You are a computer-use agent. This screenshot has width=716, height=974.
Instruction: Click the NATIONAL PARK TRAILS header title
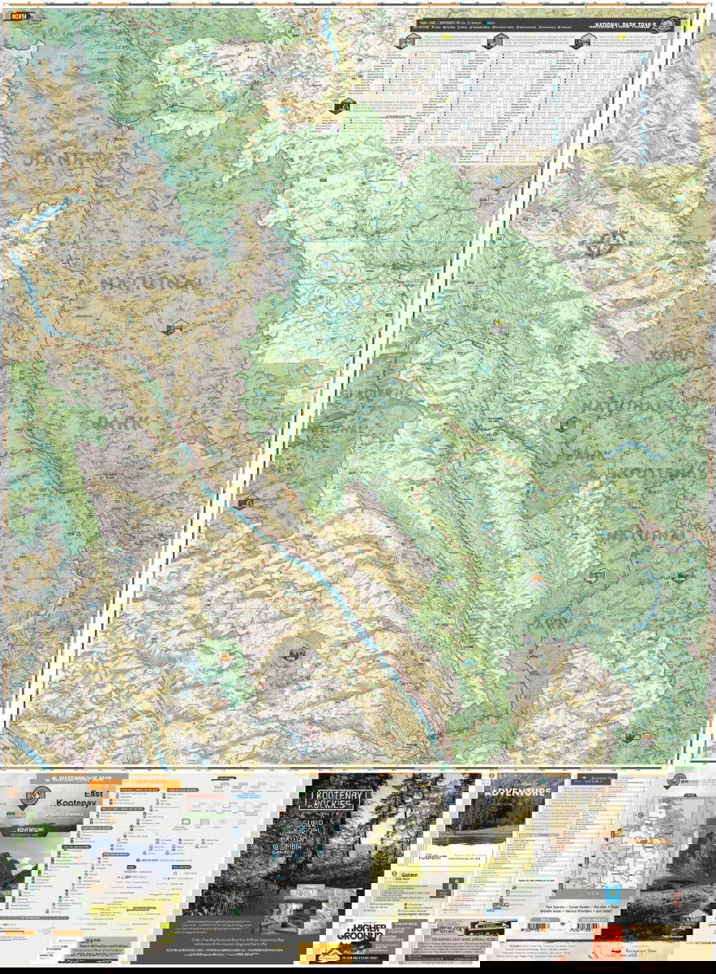click(625, 25)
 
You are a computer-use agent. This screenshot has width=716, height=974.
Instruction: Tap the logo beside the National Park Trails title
click(667, 25)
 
